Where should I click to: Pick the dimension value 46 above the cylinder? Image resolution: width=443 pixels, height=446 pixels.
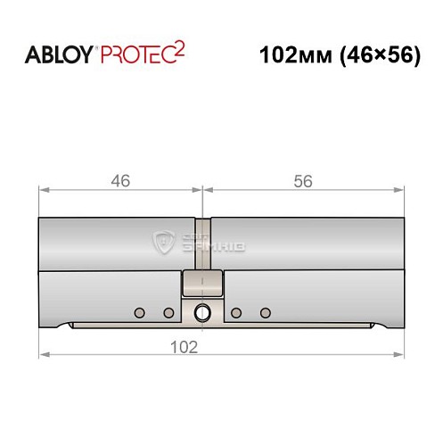point(120,180)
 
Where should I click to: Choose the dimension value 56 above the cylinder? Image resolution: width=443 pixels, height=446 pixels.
point(303,180)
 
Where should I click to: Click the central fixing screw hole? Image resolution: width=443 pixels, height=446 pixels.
point(202,313)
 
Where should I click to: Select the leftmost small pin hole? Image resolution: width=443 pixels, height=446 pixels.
point(138,312)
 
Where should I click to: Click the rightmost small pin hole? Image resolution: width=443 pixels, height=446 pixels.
point(265,312)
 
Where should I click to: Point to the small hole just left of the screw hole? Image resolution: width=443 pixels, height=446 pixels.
point(168,312)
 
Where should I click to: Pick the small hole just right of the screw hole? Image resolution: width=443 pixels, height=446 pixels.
point(236,312)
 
